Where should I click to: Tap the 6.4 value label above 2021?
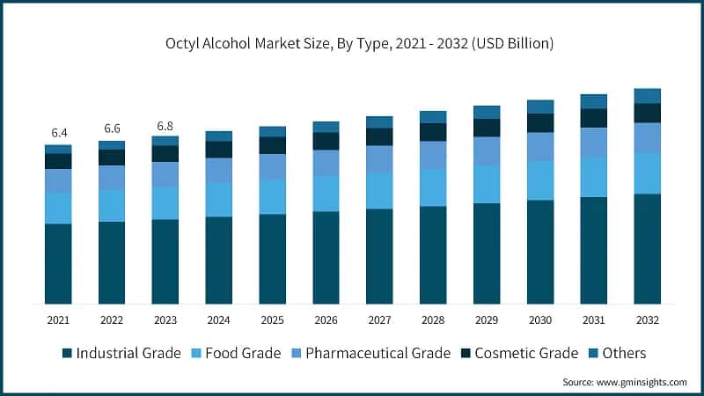click(59, 133)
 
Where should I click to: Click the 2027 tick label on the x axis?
click(379, 320)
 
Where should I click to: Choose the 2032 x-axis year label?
click(647, 320)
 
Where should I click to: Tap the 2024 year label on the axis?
click(219, 320)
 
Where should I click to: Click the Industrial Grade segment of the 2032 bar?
click(647, 249)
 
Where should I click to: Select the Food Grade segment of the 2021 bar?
click(59, 208)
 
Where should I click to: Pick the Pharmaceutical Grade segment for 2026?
click(326, 163)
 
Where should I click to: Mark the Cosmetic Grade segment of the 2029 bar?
click(487, 128)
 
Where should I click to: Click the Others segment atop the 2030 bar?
click(540, 106)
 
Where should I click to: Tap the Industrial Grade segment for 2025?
click(273, 259)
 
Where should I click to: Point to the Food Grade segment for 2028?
click(433, 187)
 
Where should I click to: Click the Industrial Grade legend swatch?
click(67, 354)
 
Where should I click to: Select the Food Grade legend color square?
click(195, 354)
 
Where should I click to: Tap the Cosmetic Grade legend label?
click(526, 354)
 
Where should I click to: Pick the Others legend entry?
click(624, 354)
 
